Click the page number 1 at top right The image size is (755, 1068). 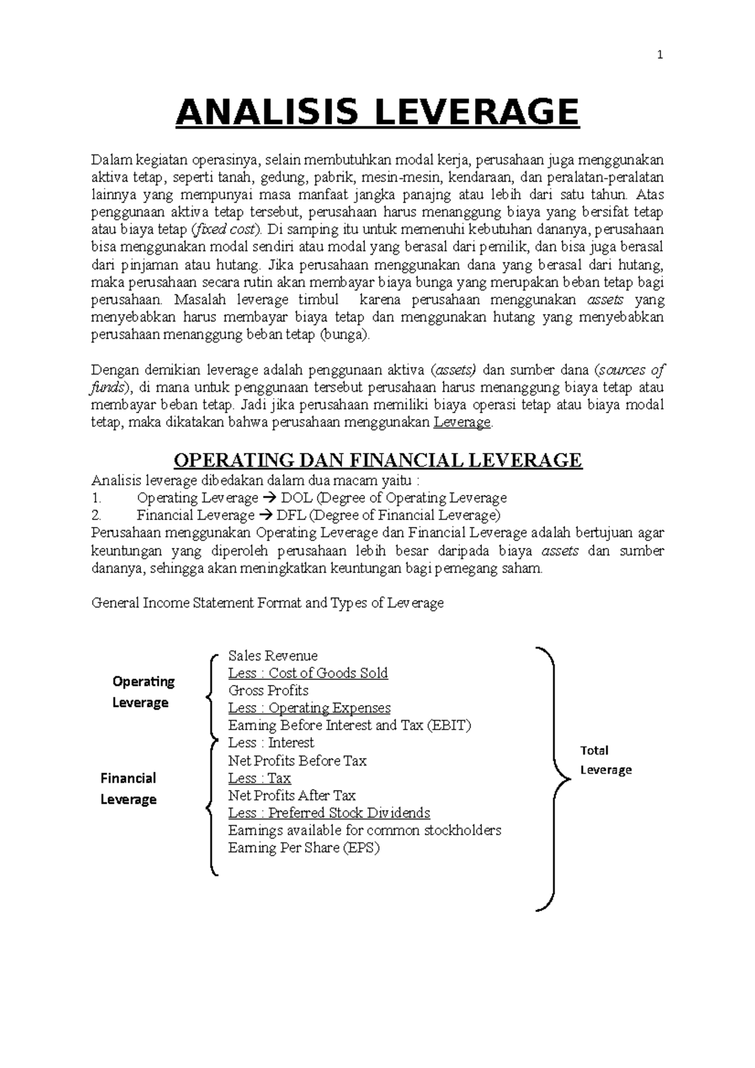660,55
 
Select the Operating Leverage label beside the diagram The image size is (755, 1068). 143,692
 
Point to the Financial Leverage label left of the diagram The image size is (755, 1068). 128,789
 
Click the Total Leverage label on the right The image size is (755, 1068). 605,760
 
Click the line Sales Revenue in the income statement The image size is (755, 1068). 272,655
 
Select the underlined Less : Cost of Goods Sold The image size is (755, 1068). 308,673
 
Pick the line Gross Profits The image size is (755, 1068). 268,690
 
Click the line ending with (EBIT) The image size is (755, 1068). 349,725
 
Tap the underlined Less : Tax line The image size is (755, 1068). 259,778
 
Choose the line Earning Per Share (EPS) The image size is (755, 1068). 304,848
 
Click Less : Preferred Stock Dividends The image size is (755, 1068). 329,813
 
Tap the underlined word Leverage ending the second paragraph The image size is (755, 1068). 462,423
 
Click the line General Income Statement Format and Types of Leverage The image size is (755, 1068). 267,603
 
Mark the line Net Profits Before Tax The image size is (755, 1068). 297,760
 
